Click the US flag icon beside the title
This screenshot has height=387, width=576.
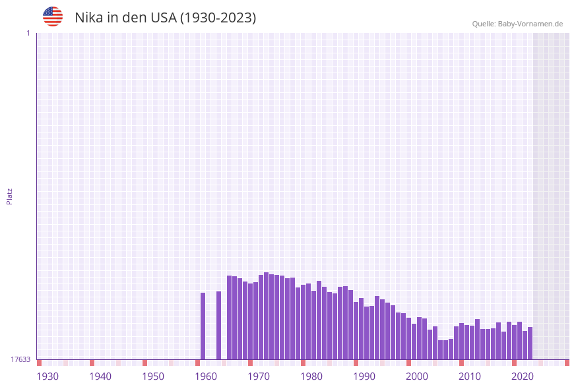click(x=53, y=16)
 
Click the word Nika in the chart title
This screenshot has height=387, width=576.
click(x=88, y=18)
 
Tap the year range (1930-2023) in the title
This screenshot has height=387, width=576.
click(x=218, y=18)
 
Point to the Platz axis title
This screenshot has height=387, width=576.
click(x=10, y=196)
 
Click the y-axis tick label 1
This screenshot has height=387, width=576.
click(x=28, y=33)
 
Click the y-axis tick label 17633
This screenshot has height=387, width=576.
click(x=20, y=359)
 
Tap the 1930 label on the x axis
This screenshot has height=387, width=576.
click(x=48, y=376)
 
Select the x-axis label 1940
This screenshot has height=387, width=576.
click(x=100, y=376)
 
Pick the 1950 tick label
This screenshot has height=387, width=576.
click(x=153, y=376)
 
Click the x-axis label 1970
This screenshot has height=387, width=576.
click(x=259, y=376)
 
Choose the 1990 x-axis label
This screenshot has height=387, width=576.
click(x=364, y=376)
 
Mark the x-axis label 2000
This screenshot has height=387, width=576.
click(x=417, y=376)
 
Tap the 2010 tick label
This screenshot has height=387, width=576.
click(x=470, y=376)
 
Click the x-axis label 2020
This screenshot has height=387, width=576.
click(x=523, y=376)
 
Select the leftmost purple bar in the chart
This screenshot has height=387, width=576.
click(x=203, y=326)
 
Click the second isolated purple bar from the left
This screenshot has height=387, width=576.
click(x=219, y=326)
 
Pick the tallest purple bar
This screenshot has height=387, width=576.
click(x=267, y=316)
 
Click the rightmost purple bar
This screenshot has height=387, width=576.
click(x=530, y=343)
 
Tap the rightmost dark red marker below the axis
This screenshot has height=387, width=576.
click(x=567, y=363)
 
